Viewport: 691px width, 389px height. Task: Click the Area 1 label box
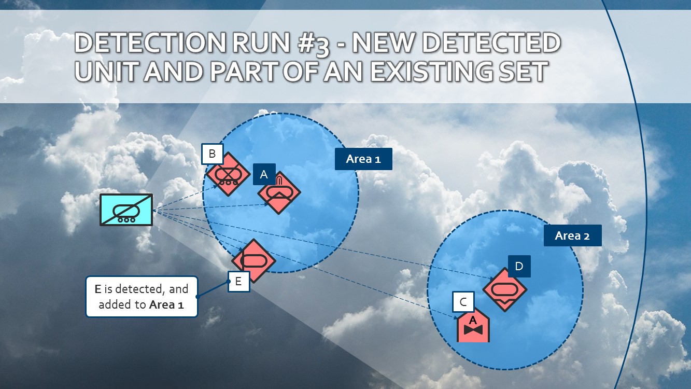(x=363, y=159)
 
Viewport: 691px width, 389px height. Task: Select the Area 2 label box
(x=572, y=235)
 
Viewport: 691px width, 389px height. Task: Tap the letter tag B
(x=212, y=154)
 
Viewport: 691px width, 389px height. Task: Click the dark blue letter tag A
(x=264, y=175)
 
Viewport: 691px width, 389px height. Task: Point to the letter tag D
(x=519, y=267)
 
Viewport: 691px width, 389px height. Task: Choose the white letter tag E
(x=238, y=281)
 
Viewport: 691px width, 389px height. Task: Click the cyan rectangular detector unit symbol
(x=126, y=210)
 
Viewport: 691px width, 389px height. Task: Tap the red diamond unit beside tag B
(x=225, y=174)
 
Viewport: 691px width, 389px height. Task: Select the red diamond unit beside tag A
(x=279, y=192)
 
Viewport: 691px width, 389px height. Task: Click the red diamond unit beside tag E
(x=253, y=260)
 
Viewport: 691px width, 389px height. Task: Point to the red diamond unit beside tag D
(x=505, y=289)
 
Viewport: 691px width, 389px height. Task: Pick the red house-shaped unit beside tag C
(x=473, y=327)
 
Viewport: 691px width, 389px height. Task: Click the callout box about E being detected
(x=142, y=297)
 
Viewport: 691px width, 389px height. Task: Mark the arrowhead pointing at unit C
(x=457, y=317)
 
